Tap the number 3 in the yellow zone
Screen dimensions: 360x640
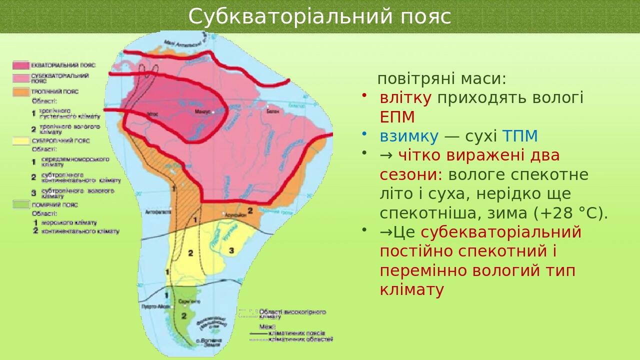click(x=231, y=249)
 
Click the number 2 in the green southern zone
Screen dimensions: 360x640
click(x=183, y=315)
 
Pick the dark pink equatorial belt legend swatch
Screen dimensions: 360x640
click(x=20, y=65)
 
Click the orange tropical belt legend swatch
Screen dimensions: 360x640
click(x=20, y=92)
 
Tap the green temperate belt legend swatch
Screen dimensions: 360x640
click(x=20, y=204)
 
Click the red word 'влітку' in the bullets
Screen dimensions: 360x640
click(x=405, y=97)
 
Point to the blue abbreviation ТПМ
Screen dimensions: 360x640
click(x=520, y=136)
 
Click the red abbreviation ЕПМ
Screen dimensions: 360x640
click(x=397, y=117)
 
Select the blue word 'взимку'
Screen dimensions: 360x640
click(x=409, y=136)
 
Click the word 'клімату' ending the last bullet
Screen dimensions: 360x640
click(x=411, y=290)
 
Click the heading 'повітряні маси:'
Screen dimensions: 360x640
click(x=441, y=78)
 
